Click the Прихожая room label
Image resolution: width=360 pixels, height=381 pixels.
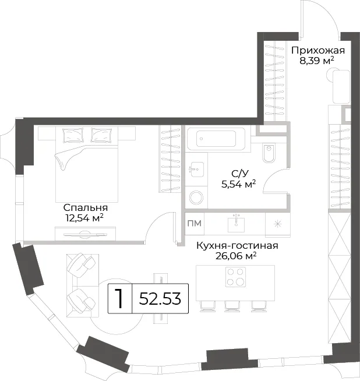(x=317, y=51)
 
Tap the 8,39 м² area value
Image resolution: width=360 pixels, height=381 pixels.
(x=317, y=61)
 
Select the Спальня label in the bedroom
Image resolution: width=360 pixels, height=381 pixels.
(x=86, y=208)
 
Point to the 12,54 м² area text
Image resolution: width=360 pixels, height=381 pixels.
(x=84, y=218)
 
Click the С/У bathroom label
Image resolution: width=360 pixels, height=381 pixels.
(x=240, y=174)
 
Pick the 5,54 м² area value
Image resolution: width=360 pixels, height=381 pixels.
(x=238, y=184)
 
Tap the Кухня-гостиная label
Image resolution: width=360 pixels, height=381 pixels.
(x=237, y=246)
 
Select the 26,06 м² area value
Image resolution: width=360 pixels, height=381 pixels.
(x=236, y=256)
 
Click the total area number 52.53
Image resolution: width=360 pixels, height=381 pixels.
(x=160, y=299)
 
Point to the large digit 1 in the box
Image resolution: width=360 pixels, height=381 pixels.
(x=119, y=298)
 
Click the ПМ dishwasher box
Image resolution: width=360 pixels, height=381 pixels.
(x=195, y=223)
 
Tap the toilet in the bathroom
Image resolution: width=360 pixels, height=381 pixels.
(x=269, y=153)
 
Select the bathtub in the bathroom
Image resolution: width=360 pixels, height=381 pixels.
(x=216, y=139)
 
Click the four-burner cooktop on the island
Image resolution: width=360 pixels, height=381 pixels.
(x=235, y=277)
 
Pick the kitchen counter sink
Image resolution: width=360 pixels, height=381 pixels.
(x=236, y=223)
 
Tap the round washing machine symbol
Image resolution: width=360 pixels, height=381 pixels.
(x=196, y=197)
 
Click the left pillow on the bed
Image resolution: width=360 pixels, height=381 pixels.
(x=73, y=135)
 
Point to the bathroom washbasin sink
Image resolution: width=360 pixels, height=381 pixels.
(x=197, y=170)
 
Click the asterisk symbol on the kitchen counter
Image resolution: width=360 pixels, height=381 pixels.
(x=277, y=224)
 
